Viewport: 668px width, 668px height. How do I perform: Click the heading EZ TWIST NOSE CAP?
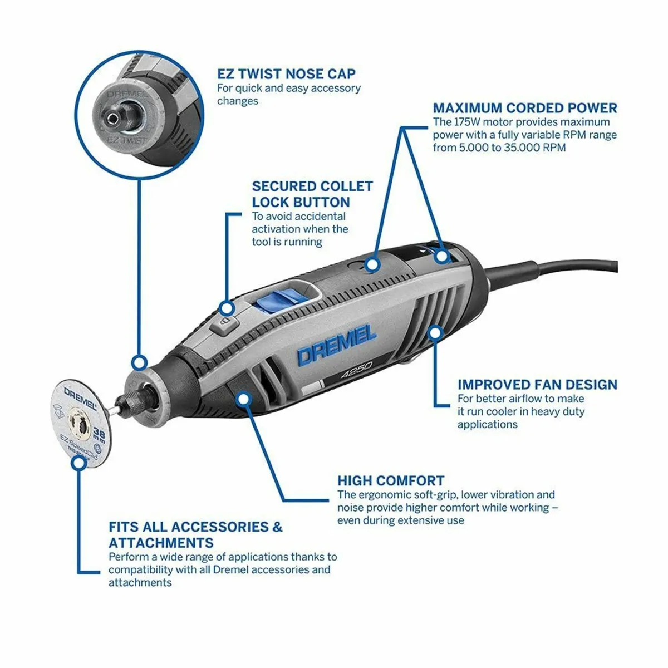[286, 74]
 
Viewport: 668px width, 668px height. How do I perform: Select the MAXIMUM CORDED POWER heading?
[525, 108]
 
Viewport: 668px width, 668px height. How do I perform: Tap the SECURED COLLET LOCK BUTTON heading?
[312, 194]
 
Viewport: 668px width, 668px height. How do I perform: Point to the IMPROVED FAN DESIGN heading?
[537, 385]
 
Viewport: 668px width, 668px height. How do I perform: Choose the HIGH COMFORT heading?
[391, 481]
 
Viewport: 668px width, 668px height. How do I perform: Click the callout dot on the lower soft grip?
[243, 399]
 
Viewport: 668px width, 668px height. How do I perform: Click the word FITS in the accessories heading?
[125, 527]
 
